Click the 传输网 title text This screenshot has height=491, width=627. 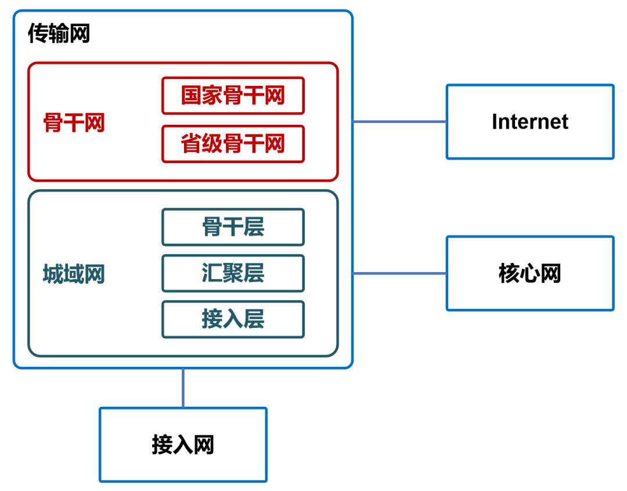pos(59,35)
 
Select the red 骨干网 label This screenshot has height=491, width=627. pos(74,122)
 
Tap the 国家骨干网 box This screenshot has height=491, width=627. pos(233,96)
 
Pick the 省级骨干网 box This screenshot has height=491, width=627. pos(233,144)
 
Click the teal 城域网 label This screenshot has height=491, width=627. pos(74,274)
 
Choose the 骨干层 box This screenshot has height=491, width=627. pos(233,227)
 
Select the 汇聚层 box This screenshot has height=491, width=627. pos(233,273)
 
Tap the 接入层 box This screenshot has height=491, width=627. pos(233,319)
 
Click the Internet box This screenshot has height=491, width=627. pos(529,122)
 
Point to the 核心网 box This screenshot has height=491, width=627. pos(529,273)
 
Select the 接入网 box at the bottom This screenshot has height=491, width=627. pos(183,445)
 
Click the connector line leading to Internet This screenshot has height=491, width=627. pos(399,122)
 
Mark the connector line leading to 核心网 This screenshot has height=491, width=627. pos(399,273)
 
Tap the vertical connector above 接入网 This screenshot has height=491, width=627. pos(183,388)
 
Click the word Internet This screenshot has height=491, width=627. pos(529,122)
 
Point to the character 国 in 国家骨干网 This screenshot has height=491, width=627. pos(191,96)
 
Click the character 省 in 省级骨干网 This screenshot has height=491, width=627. pos(191,144)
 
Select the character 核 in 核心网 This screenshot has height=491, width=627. pos(509,273)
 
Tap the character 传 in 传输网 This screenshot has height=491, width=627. pos(38,35)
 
